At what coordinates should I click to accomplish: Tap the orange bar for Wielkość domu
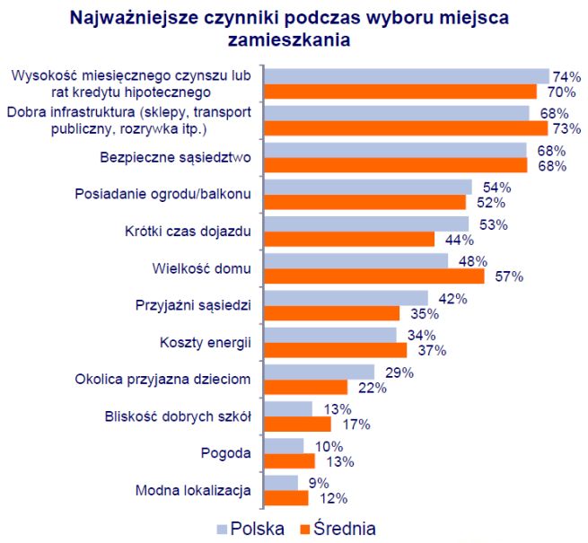pos(375,276)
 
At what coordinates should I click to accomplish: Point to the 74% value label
pos(566,76)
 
